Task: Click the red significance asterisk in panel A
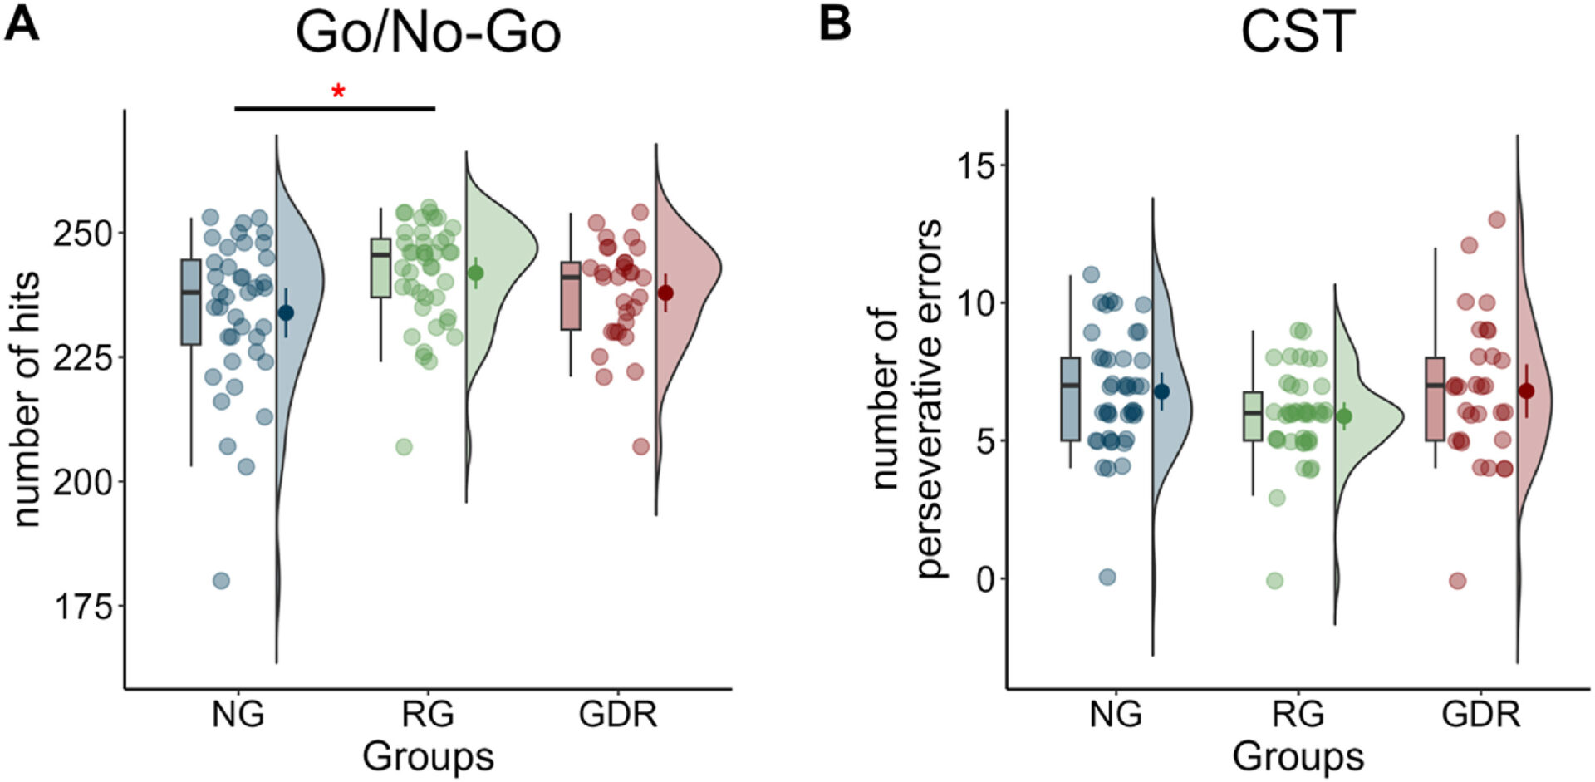338,91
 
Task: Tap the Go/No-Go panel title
428,33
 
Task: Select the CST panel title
1298,33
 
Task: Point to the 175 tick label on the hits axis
82,607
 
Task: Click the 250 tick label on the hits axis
82,234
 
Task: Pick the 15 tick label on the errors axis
975,165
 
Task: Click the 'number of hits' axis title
27,399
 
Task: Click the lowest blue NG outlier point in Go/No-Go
221,581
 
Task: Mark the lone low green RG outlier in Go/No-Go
404,447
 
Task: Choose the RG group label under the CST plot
1298,714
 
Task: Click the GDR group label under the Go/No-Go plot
617,714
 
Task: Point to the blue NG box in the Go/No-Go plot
191,302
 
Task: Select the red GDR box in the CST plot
1435,399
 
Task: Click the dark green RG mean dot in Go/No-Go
475,273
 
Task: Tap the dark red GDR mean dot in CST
1526,391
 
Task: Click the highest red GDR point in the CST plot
1497,220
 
